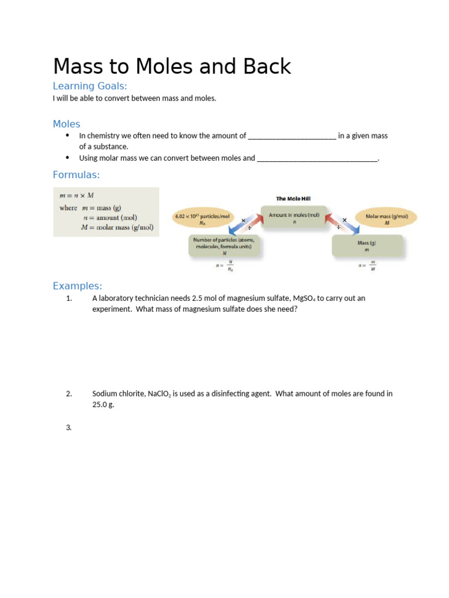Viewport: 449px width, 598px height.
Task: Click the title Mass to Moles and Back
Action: tap(172, 67)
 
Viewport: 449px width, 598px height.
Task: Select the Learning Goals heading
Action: tap(89, 86)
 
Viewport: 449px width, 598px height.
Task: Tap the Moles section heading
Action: tap(67, 124)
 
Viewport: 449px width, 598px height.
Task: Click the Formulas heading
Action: tap(76, 175)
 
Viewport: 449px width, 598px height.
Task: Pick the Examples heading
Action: tap(77, 286)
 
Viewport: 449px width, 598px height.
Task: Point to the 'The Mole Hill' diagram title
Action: tap(293, 199)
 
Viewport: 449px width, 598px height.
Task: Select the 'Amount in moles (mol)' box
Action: tap(294, 217)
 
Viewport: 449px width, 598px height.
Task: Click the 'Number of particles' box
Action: tap(224, 246)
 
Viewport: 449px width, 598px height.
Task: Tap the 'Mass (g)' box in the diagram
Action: tap(367, 245)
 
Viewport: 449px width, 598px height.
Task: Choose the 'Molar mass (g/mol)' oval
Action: tap(386, 218)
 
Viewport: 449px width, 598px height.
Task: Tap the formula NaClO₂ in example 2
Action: tap(159, 394)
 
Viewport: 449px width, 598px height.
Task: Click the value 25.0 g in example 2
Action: tap(103, 405)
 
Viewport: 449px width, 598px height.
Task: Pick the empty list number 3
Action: tap(68, 427)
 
